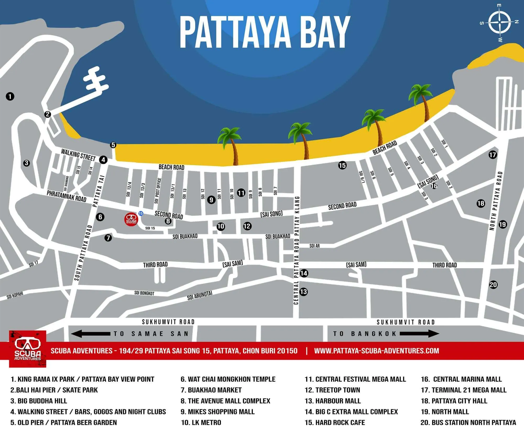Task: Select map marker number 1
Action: [x=10, y=97]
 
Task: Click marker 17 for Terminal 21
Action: [x=493, y=155]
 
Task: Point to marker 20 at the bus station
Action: [x=493, y=285]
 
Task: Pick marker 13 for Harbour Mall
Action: [x=303, y=292]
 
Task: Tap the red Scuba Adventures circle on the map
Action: [x=131, y=219]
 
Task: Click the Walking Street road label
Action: [x=78, y=155]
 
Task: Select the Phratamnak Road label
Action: [x=67, y=196]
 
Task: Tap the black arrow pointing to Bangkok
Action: [x=419, y=334]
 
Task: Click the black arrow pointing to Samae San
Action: [x=90, y=334]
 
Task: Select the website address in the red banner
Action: [x=376, y=351]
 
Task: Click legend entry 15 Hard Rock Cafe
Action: [x=335, y=422]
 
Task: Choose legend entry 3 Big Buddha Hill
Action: [x=39, y=401]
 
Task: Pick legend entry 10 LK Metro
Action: [x=201, y=422]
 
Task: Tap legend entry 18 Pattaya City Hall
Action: [x=454, y=401]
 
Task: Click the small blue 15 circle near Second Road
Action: [x=141, y=213]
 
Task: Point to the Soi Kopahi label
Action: [x=15, y=295]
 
